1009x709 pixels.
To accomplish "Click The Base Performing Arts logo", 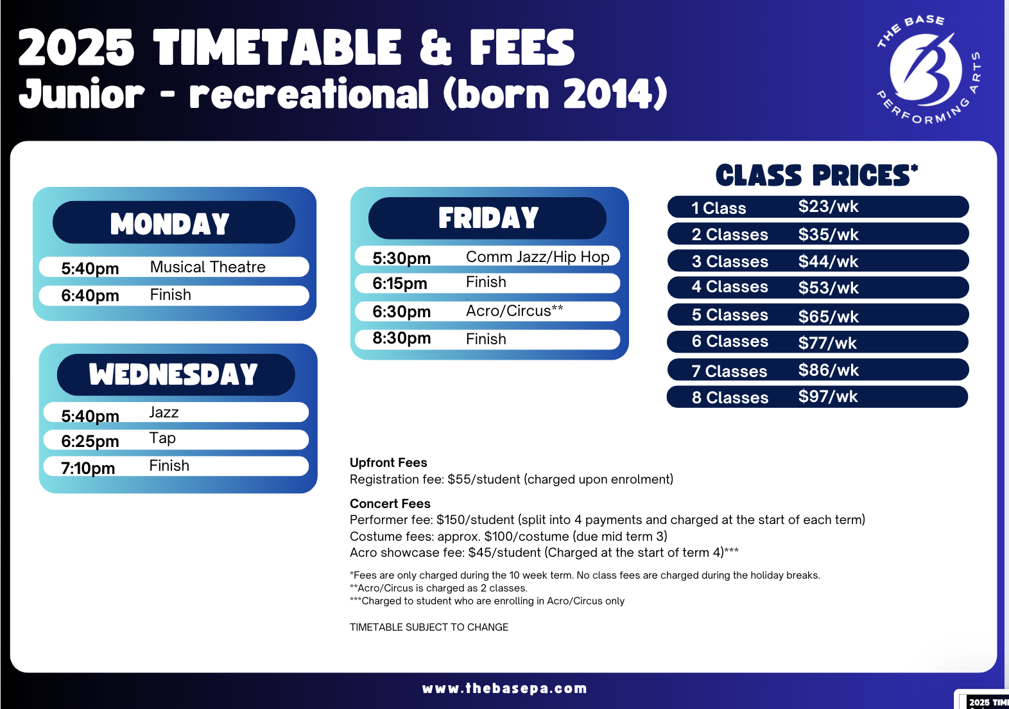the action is pos(928,70).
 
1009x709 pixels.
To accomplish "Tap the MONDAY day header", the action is pos(170,223).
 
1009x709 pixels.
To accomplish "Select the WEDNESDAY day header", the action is pos(173,374).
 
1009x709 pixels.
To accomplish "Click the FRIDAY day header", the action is pos(488,218).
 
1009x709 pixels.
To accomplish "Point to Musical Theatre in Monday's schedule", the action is pos(208,267).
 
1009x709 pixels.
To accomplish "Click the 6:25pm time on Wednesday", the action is pos(90,441).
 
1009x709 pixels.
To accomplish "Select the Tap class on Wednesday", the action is pos(162,438).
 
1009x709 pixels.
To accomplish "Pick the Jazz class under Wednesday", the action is pos(164,412).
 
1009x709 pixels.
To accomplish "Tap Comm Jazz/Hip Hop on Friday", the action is pos(537,256).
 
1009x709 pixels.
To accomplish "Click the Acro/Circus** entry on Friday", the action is pos(514,311).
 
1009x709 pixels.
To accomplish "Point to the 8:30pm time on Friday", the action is pos(401,338).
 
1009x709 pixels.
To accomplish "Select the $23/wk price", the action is pos(829,206).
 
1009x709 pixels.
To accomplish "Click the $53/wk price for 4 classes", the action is pos(829,288).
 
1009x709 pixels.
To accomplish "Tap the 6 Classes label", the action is pos(730,341).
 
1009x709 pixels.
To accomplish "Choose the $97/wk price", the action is pos(828,396).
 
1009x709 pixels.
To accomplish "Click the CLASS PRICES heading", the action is pos(816,175).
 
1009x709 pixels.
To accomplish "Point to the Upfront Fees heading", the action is pos(388,462).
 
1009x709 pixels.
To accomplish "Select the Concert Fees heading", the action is pos(390,503).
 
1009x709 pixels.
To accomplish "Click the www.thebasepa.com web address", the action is pos(504,688).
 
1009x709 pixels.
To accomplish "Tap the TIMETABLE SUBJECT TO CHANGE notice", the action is pos(429,627).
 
